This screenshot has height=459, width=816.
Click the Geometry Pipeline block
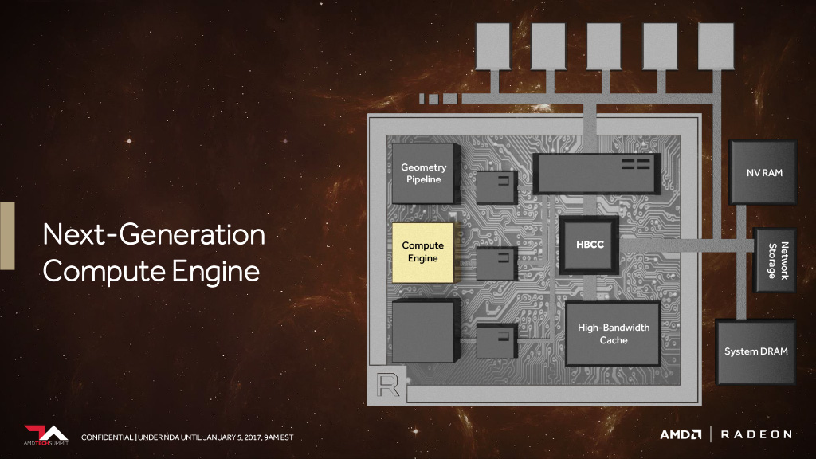[x=424, y=173]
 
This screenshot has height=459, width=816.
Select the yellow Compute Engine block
[x=422, y=253]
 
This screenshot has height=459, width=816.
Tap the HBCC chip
[x=590, y=245]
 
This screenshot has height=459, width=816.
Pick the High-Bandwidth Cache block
[x=613, y=334]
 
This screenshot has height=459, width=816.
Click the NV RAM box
[x=763, y=172]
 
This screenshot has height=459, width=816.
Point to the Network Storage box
[x=775, y=261]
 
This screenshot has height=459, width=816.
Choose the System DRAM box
[x=755, y=351]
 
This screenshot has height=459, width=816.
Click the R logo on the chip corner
[x=388, y=386]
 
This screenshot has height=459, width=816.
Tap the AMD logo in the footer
[x=681, y=434]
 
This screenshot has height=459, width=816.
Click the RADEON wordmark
[x=756, y=434]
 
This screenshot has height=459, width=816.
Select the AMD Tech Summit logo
[x=45, y=435]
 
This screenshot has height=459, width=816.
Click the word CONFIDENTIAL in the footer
[x=108, y=437]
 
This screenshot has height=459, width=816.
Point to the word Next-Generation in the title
[x=154, y=235]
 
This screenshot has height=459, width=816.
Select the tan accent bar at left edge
[x=7, y=236]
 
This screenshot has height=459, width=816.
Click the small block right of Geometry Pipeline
[x=497, y=186]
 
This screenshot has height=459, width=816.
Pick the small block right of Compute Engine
[x=497, y=263]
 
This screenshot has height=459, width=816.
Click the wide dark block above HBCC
[x=596, y=174]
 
